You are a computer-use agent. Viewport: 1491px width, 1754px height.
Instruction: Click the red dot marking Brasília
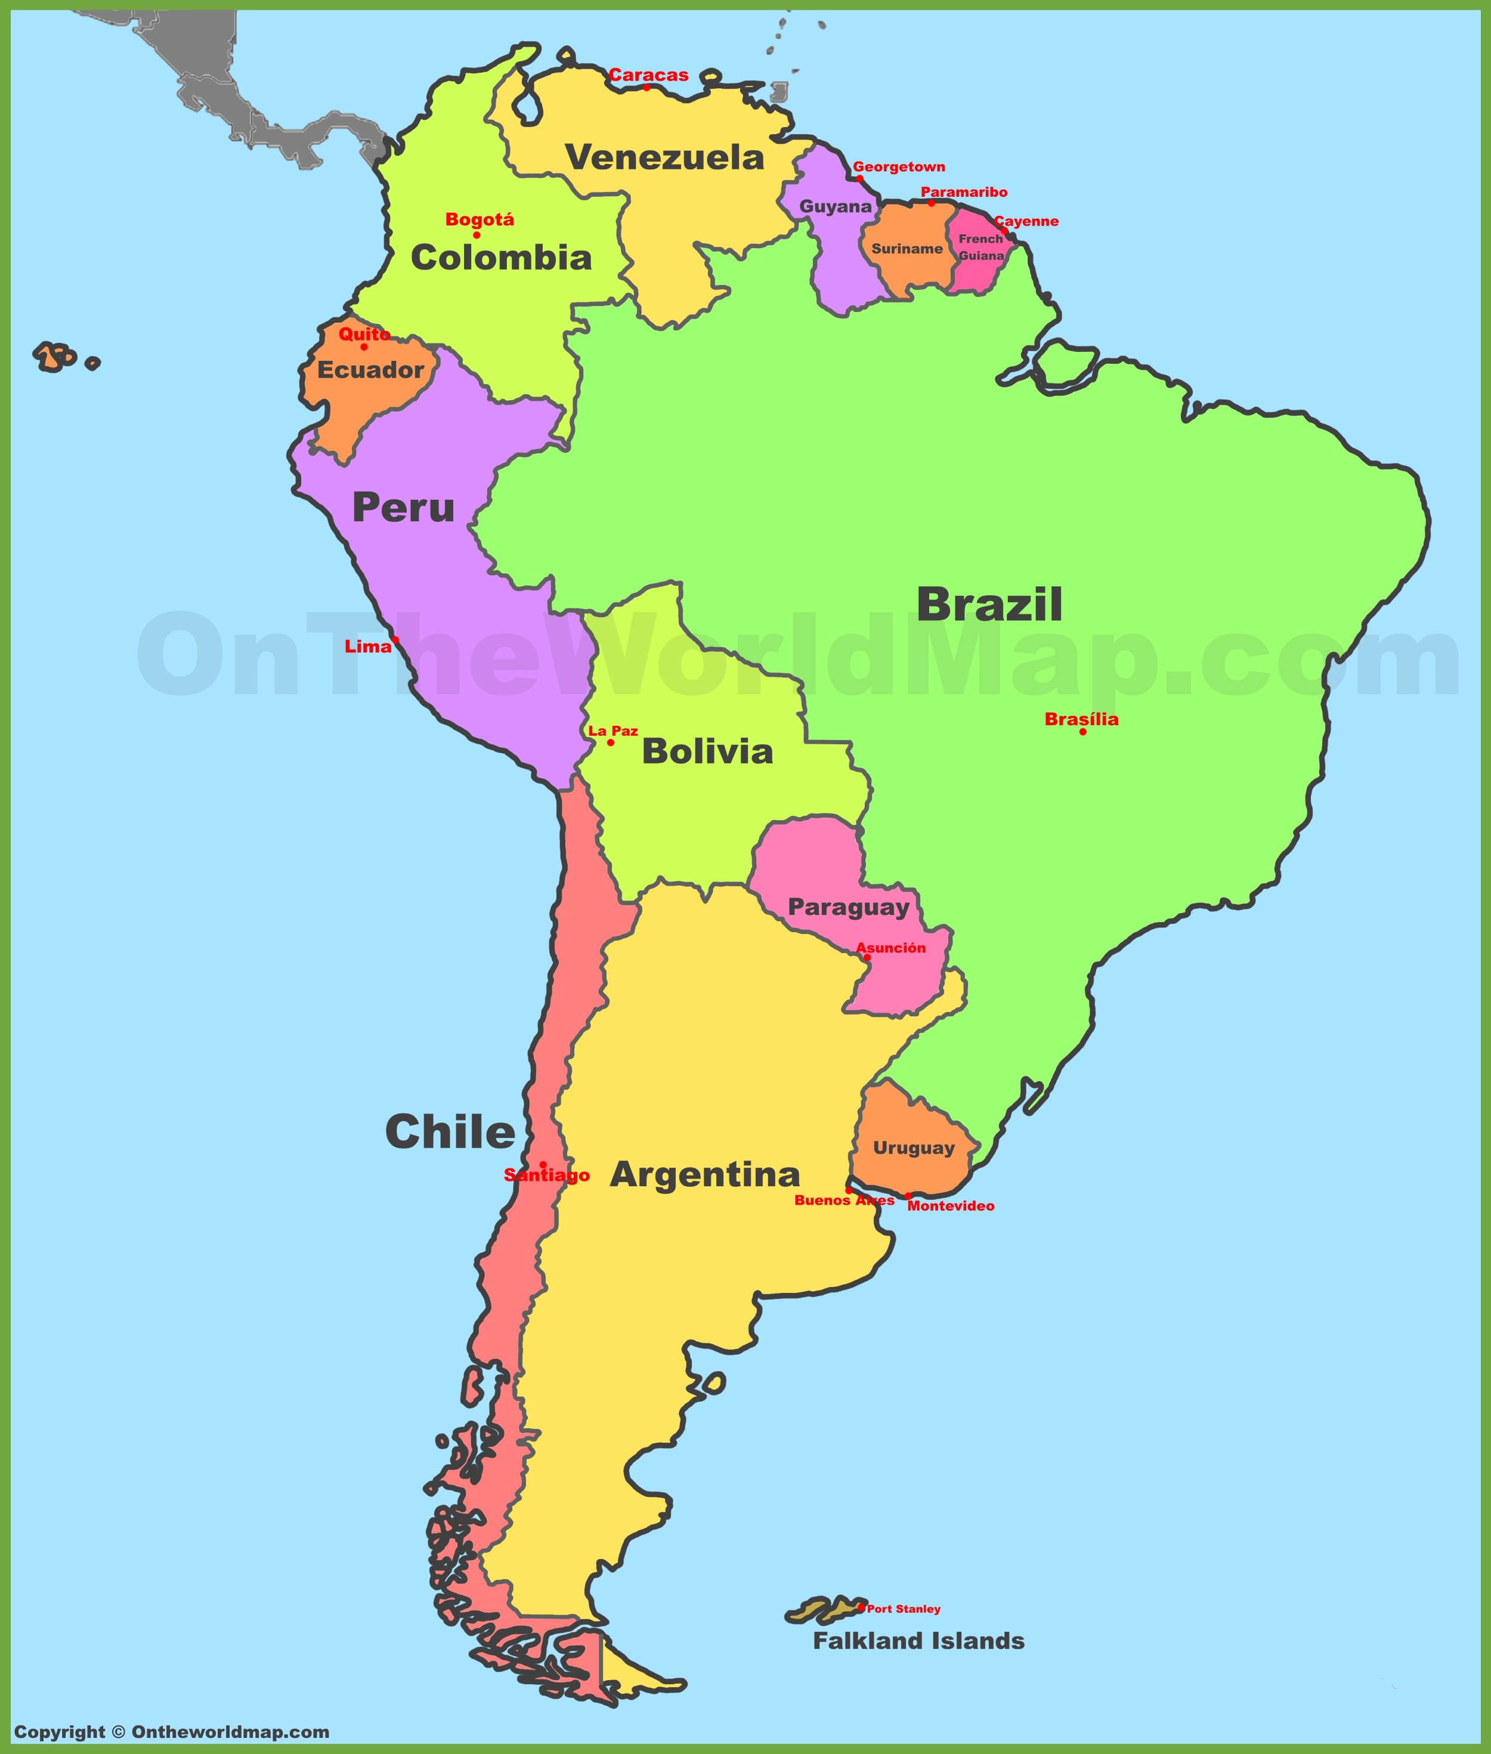1082,732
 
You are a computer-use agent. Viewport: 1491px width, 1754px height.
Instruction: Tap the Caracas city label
648,75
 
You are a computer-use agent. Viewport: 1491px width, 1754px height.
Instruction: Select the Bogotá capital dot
477,235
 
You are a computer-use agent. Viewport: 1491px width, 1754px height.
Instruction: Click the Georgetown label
899,166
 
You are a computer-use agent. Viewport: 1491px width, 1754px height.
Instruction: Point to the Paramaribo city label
964,192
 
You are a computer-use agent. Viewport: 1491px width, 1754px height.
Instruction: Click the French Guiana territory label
980,247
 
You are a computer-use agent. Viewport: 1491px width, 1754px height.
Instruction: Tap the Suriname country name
907,249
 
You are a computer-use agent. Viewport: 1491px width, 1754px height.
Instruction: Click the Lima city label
367,646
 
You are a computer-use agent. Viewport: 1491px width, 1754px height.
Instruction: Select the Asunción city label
891,948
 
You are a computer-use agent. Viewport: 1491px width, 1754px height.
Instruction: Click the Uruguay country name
914,1148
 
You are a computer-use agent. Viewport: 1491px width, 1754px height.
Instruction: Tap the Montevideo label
951,1207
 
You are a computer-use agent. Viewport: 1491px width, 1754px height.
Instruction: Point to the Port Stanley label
904,1608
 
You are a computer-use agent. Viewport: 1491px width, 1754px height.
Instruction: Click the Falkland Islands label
919,1641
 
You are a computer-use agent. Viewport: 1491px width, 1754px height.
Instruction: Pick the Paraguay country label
849,908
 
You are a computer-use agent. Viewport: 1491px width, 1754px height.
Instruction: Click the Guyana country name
835,206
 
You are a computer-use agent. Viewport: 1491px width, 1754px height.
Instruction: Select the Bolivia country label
707,751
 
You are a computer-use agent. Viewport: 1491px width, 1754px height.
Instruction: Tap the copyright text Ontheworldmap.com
172,1731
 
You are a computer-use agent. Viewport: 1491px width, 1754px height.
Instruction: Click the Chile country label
450,1132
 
